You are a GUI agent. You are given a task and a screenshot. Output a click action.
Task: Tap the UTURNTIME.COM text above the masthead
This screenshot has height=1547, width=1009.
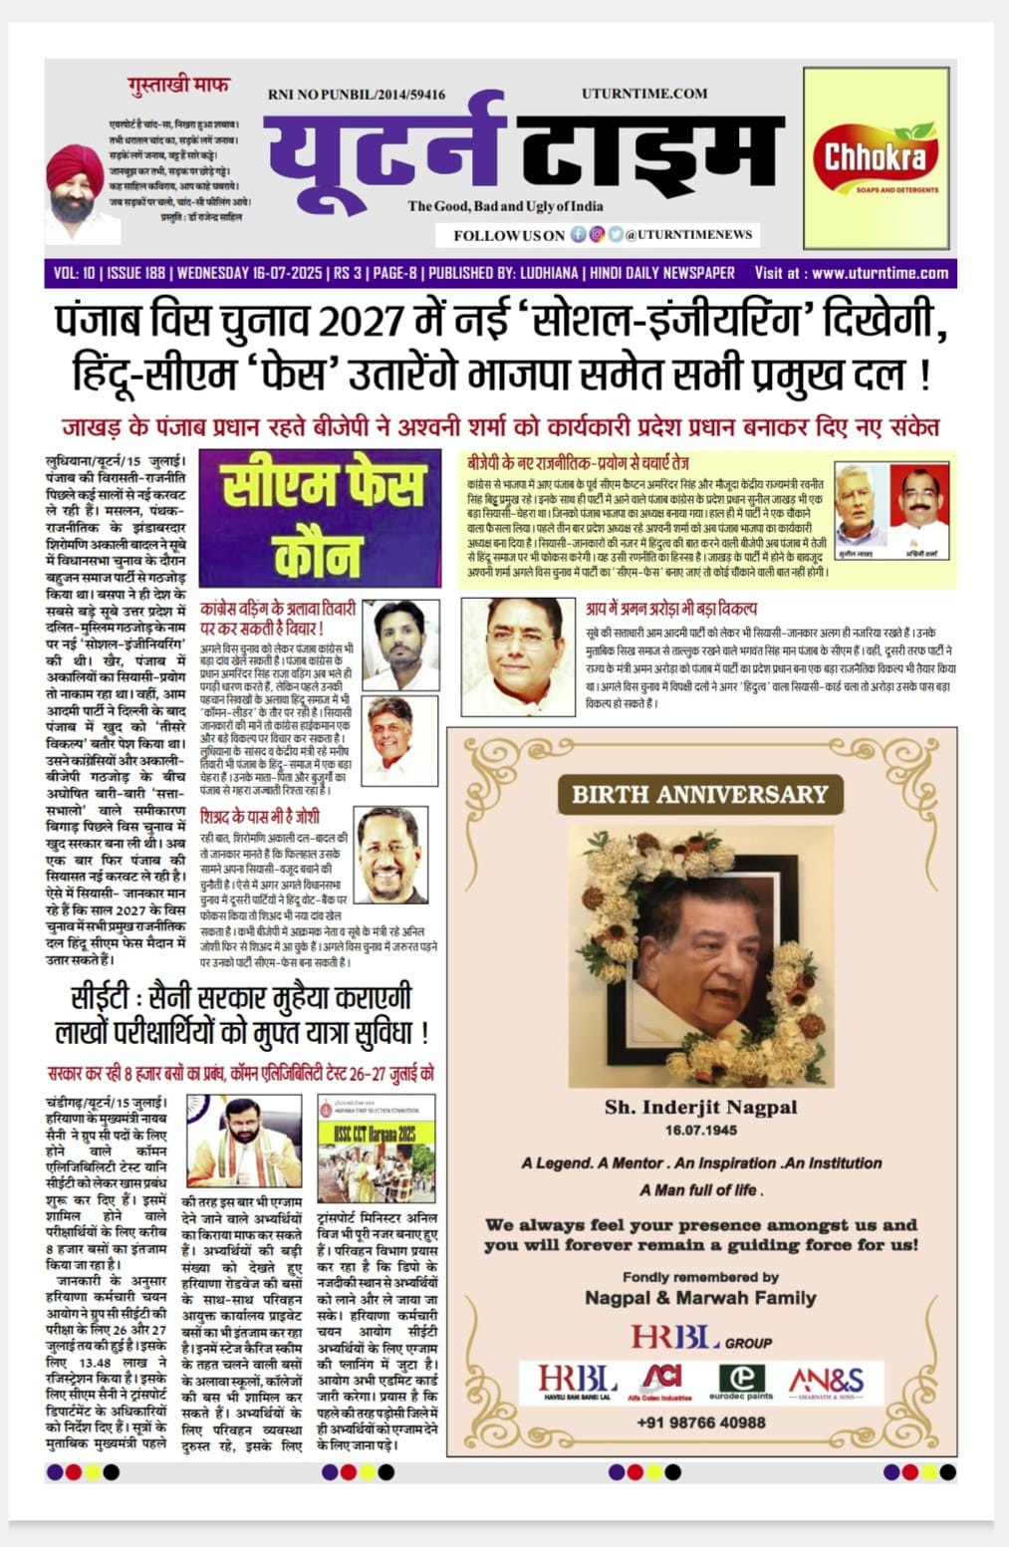tap(644, 94)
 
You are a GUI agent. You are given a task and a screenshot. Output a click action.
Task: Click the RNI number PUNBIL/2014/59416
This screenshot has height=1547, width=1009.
tap(357, 95)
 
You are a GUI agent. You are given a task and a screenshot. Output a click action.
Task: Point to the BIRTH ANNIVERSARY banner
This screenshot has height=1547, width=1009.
tap(699, 794)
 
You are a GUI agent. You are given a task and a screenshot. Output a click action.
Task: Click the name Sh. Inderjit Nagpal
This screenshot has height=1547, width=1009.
tap(700, 1107)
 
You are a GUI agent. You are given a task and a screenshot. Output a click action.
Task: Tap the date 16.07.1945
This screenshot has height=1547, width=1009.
tap(701, 1131)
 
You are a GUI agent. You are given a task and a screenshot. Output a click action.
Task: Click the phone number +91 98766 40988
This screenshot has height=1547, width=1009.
tap(701, 1421)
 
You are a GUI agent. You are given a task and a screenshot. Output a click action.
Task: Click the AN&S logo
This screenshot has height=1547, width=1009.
tap(827, 1382)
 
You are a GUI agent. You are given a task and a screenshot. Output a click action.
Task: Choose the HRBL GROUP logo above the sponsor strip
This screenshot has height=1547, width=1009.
tap(700, 1338)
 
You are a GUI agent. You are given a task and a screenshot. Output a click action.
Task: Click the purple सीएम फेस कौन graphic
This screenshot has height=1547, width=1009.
tap(320, 517)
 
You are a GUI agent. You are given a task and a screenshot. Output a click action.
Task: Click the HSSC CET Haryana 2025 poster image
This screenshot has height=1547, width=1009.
tap(377, 1149)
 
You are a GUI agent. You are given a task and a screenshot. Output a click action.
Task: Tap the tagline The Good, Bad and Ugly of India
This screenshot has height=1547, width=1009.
tap(505, 206)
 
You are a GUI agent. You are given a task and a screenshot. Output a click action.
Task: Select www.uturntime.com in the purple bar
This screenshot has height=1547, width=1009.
tap(880, 273)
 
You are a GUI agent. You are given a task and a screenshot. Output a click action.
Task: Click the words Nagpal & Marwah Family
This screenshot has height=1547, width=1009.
tap(700, 1298)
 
